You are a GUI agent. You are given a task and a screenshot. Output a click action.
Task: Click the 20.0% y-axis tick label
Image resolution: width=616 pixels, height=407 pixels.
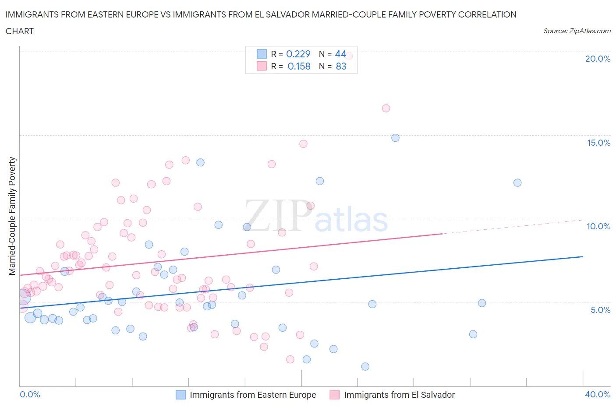tap(598, 59)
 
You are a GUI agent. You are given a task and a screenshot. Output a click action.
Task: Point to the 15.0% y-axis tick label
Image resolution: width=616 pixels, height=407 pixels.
tap(598, 143)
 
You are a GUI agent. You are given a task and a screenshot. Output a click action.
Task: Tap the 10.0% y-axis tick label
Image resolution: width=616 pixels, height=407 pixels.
tap(598, 226)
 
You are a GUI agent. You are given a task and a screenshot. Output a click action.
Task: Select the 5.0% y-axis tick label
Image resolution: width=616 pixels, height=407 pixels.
tap(600, 310)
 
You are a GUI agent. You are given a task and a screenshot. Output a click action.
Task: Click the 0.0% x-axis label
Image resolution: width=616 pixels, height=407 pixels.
tap(30, 394)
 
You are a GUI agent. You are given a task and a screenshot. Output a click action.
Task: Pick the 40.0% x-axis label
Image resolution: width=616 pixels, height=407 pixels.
tap(598, 394)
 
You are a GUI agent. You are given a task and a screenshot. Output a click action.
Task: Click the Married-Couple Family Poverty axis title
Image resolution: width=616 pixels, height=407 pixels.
tap(12, 216)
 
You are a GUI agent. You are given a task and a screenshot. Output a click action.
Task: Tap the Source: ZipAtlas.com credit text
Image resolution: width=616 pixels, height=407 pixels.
tap(577, 31)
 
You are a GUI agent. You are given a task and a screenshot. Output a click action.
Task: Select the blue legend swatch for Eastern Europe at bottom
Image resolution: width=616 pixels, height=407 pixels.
tap(181, 395)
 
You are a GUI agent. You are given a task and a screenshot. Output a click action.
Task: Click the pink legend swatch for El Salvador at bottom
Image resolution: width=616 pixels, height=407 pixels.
tap(335, 395)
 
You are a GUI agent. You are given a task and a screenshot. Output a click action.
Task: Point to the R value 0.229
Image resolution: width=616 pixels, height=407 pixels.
tap(298, 54)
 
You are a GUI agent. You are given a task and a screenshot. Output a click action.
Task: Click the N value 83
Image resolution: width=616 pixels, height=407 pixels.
tap(341, 66)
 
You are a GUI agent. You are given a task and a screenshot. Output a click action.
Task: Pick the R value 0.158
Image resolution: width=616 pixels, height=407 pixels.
tap(299, 66)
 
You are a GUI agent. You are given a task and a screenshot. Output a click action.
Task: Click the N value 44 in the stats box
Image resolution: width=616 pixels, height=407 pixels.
tap(340, 54)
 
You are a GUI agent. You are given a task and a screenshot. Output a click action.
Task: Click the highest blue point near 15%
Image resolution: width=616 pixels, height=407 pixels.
tap(395, 138)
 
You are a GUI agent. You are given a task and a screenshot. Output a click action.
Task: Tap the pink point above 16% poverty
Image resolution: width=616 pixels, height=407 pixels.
tap(386, 108)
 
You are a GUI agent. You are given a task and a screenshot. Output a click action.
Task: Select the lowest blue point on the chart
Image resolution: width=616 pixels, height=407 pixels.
tap(365, 366)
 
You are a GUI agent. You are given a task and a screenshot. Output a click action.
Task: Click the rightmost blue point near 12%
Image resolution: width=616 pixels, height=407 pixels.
tap(517, 182)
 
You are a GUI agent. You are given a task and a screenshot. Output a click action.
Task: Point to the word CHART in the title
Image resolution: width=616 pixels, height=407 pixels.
tap(20, 31)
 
